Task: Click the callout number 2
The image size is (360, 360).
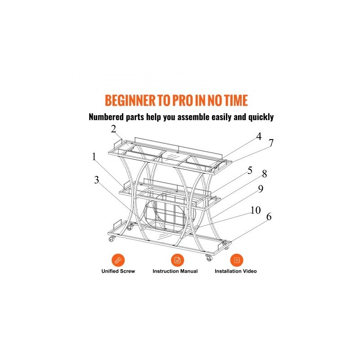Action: (113, 129)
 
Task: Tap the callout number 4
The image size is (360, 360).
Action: (259, 136)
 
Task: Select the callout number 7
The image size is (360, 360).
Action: (271, 143)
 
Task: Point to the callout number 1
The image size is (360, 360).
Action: (94, 157)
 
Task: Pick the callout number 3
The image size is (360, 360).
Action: (96, 180)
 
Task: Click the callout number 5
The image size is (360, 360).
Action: (250, 171)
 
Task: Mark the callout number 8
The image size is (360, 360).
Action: (265, 174)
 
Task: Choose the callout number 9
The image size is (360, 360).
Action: (261, 189)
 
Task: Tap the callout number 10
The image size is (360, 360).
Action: (256, 210)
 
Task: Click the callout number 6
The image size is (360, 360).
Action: (269, 216)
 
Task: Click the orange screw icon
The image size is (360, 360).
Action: (118, 261)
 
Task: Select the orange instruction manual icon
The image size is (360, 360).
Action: (177, 261)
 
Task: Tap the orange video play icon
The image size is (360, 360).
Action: (237, 261)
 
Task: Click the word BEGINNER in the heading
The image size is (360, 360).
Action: (130, 100)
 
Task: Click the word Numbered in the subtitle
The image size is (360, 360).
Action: (106, 117)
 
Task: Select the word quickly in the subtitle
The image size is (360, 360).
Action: (261, 117)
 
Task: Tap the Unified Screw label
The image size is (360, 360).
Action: (118, 271)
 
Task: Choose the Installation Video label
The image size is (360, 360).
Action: (235, 271)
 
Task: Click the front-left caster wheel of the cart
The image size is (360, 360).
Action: (112, 239)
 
